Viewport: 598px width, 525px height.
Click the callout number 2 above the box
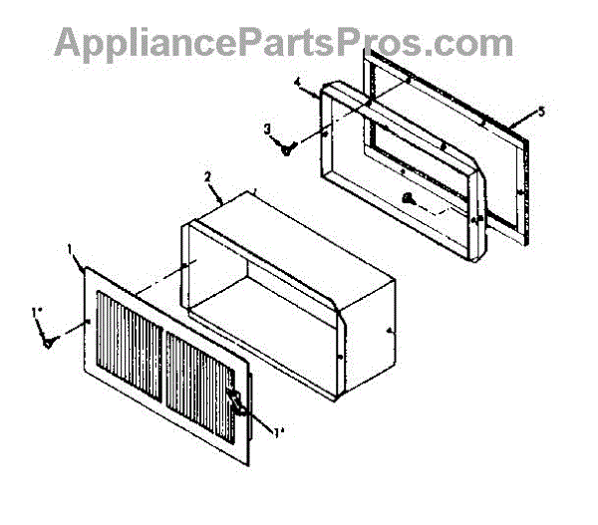tap(207, 176)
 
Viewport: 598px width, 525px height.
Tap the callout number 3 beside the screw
tap(267, 129)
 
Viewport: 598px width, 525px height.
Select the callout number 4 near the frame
tap(297, 85)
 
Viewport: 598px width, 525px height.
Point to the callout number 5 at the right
tap(541, 112)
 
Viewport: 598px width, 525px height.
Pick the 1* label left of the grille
tap(37, 312)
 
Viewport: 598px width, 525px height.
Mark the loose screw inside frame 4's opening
tap(411, 197)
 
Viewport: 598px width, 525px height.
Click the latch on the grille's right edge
tap(238, 401)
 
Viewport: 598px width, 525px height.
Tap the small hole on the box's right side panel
tap(387, 328)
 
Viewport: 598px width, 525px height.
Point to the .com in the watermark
tap(474, 42)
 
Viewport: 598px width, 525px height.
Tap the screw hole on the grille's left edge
tap(89, 322)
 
